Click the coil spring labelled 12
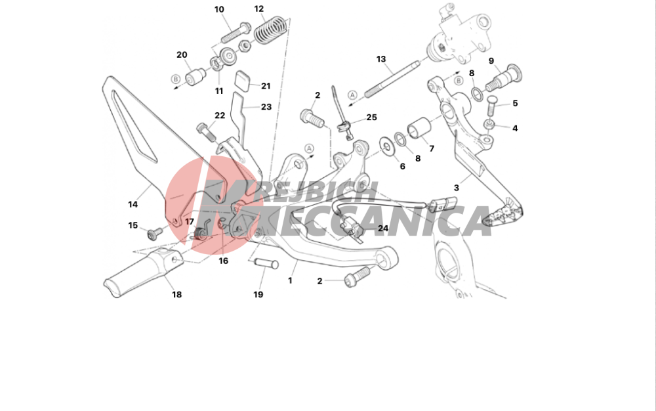[x=271, y=29]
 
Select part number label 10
[x=219, y=9]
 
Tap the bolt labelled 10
[x=236, y=32]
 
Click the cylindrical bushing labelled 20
[x=195, y=77]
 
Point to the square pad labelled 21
[x=243, y=80]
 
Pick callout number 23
[x=266, y=107]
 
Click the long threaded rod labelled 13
[x=392, y=79]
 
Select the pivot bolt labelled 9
[x=504, y=78]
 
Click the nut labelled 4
[x=489, y=124]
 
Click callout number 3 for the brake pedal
[x=456, y=188]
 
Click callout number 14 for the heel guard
[x=133, y=204]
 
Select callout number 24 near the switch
[x=383, y=228]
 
